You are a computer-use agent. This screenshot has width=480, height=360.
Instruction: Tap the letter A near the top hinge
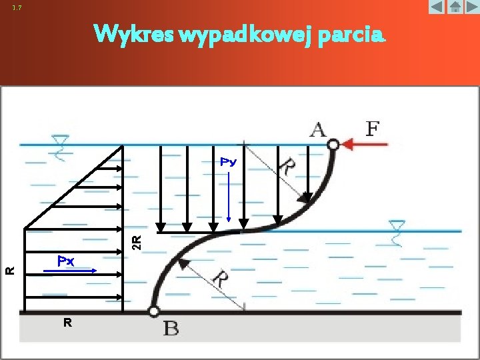tap(318, 129)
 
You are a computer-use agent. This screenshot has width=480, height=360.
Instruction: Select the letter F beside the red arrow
tap(373, 127)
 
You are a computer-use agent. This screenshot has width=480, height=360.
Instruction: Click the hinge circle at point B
tap(154, 311)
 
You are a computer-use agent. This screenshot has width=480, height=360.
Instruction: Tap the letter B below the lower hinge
tap(171, 328)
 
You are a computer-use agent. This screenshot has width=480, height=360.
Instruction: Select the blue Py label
tap(229, 162)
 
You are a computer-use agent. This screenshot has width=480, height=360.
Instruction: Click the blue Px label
tap(65, 261)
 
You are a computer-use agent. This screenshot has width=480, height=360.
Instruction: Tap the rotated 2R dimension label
tap(136, 241)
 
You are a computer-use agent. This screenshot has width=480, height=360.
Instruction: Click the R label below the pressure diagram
tap(67, 323)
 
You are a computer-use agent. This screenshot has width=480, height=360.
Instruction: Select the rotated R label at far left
tap(10, 270)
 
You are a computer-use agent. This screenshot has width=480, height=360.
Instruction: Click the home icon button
tap(454, 7)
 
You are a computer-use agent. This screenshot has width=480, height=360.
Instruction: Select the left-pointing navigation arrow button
tap(437, 7)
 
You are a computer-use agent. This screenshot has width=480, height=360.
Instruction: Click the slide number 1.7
tap(17, 8)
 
